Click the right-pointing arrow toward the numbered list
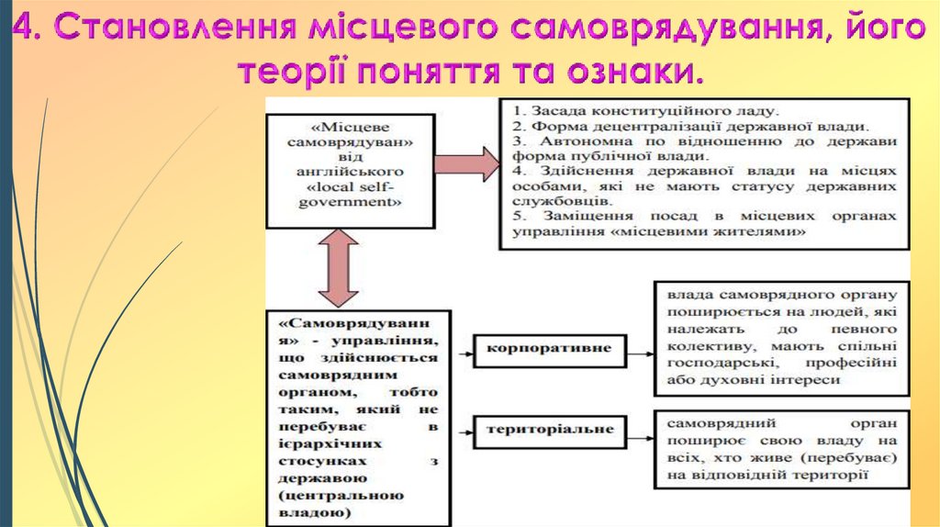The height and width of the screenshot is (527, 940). pos(466,163)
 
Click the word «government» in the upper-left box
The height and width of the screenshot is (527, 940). pos(348,202)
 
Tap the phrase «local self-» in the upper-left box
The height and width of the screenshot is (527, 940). pos(348,187)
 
